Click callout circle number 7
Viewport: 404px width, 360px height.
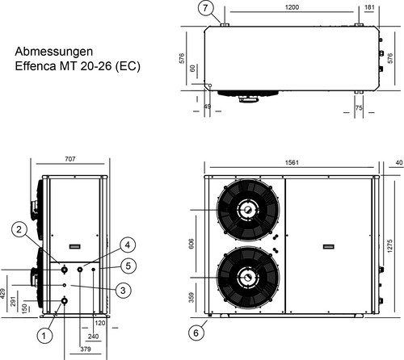click(x=205, y=8)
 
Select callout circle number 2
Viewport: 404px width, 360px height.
click(x=19, y=229)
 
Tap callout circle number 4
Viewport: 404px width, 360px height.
click(x=128, y=245)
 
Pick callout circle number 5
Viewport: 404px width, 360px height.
click(x=128, y=266)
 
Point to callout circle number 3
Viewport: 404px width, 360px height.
click(x=123, y=290)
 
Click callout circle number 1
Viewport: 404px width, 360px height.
click(x=44, y=336)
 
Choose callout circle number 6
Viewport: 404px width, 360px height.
click(x=196, y=333)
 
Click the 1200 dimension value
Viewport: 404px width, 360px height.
click(x=292, y=7)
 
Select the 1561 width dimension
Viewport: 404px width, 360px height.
click(x=292, y=163)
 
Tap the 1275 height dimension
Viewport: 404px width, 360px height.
click(x=390, y=245)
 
